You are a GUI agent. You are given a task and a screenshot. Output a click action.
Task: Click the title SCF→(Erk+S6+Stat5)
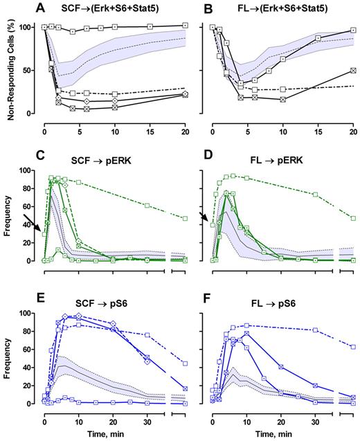point(116,10)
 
